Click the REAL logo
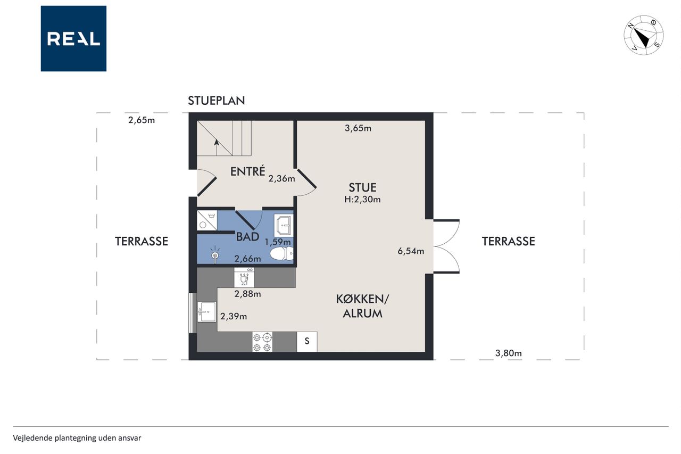(73, 39)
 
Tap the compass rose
(644, 36)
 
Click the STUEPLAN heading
(216, 101)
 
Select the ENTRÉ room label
(247, 171)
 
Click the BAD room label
(247, 236)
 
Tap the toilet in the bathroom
(281, 253)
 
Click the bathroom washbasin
(284, 225)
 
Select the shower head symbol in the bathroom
(215, 255)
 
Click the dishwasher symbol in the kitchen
(244, 277)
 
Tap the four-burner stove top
(262, 342)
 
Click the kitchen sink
(206, 312)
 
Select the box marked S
(307, 342)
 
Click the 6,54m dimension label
(411, 251)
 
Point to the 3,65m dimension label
(358, 128)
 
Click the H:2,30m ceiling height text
(362, 200)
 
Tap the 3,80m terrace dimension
(508, 353)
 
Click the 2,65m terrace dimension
(142, 120)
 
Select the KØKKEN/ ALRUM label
(362, 306)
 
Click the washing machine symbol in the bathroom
(207, 220)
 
